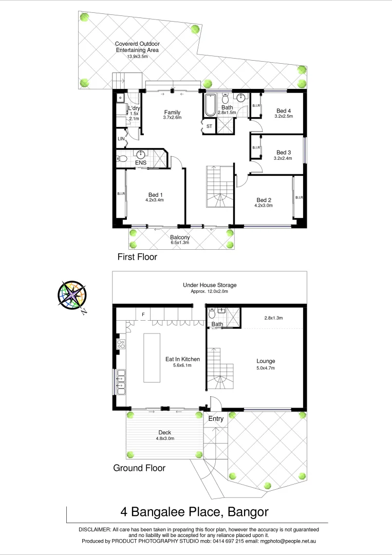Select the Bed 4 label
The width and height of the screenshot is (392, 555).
(x=284, y=110)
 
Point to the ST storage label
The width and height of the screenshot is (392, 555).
(x=209, y=126)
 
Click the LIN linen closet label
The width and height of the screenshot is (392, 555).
(x=121, y=139)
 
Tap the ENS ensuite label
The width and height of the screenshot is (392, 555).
(x=141, y=163)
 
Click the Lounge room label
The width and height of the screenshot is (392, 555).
(x=266, y=361)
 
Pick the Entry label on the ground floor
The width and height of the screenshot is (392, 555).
(x=216, y=419)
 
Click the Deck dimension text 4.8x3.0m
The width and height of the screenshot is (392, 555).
(x=165, y=438)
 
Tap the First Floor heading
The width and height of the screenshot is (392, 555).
(x=137, y=256)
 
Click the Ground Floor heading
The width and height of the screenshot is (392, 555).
(x=139, y=468)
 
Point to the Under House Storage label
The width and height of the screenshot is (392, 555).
(x=210, y=285)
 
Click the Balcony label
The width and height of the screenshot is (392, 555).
(x=180, y=237)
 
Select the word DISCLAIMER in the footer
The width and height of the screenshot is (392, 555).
(x=95, y=529)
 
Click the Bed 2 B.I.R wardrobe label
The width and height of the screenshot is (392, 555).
(x=299, y=197)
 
